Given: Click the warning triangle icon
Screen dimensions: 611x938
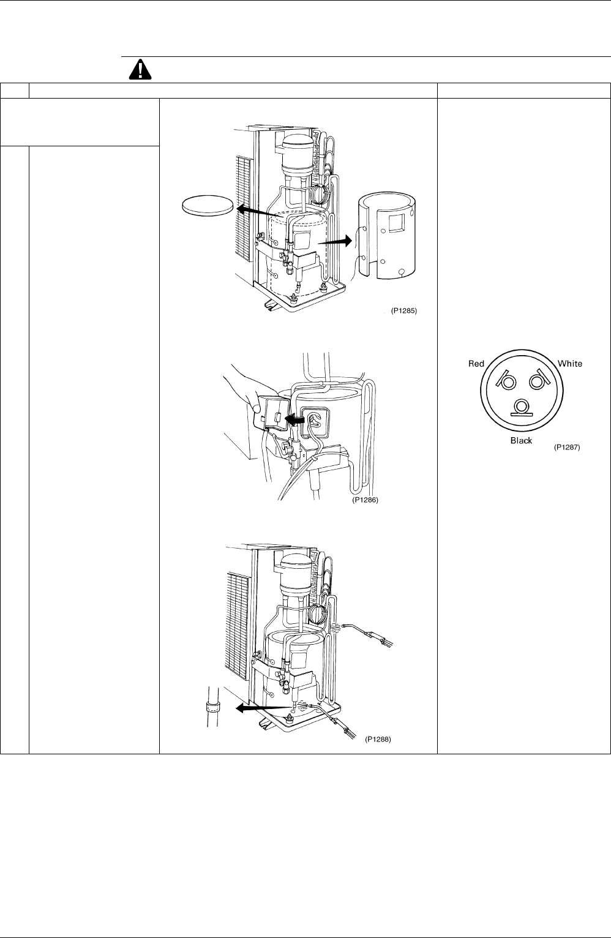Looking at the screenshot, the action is (x=140, y=70).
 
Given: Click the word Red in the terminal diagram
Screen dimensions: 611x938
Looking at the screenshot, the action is (x=476, y=364).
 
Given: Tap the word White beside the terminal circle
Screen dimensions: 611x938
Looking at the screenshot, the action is (x=570, y=364).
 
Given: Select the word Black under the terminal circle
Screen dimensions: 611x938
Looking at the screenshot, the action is (x=521, y=440).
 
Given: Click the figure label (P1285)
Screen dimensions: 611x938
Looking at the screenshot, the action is (x=403, y=310).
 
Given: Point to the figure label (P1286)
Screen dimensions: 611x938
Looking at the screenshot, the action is (x=365, y=500).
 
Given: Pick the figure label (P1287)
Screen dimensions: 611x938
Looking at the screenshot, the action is (x=567, y=447).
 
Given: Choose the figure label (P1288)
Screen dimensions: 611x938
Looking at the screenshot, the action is (x=378, y=739).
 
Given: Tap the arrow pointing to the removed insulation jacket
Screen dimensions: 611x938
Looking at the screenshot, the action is (x=334, y=241).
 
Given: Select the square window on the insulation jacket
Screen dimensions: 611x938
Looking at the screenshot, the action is (x=395, y=222).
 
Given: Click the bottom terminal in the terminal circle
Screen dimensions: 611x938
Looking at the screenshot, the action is (x=522, y=407).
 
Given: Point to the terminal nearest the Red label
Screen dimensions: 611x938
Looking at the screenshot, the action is (x=506, y=380).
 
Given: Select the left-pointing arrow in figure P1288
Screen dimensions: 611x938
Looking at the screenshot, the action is (x=263, y=708).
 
